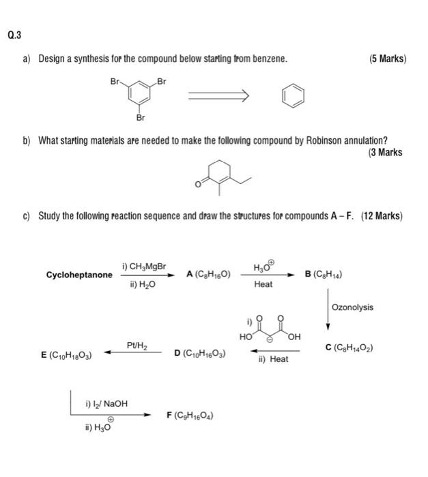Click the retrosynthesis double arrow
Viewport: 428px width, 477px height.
pos(213,96)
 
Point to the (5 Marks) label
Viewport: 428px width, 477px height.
pos(387,59)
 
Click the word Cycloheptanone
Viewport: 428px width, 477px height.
pos(79,275)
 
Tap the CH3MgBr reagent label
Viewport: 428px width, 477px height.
pos(144,266)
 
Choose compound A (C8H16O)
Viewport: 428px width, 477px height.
pos(208,275)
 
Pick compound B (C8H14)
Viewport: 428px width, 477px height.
pos(324,275)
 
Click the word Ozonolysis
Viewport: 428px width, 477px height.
pos(352,307)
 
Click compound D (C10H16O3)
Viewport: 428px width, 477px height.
pos(200,353)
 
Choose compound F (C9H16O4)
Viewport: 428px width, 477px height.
pos(191,415)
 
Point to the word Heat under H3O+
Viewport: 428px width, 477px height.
pos(263,284)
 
